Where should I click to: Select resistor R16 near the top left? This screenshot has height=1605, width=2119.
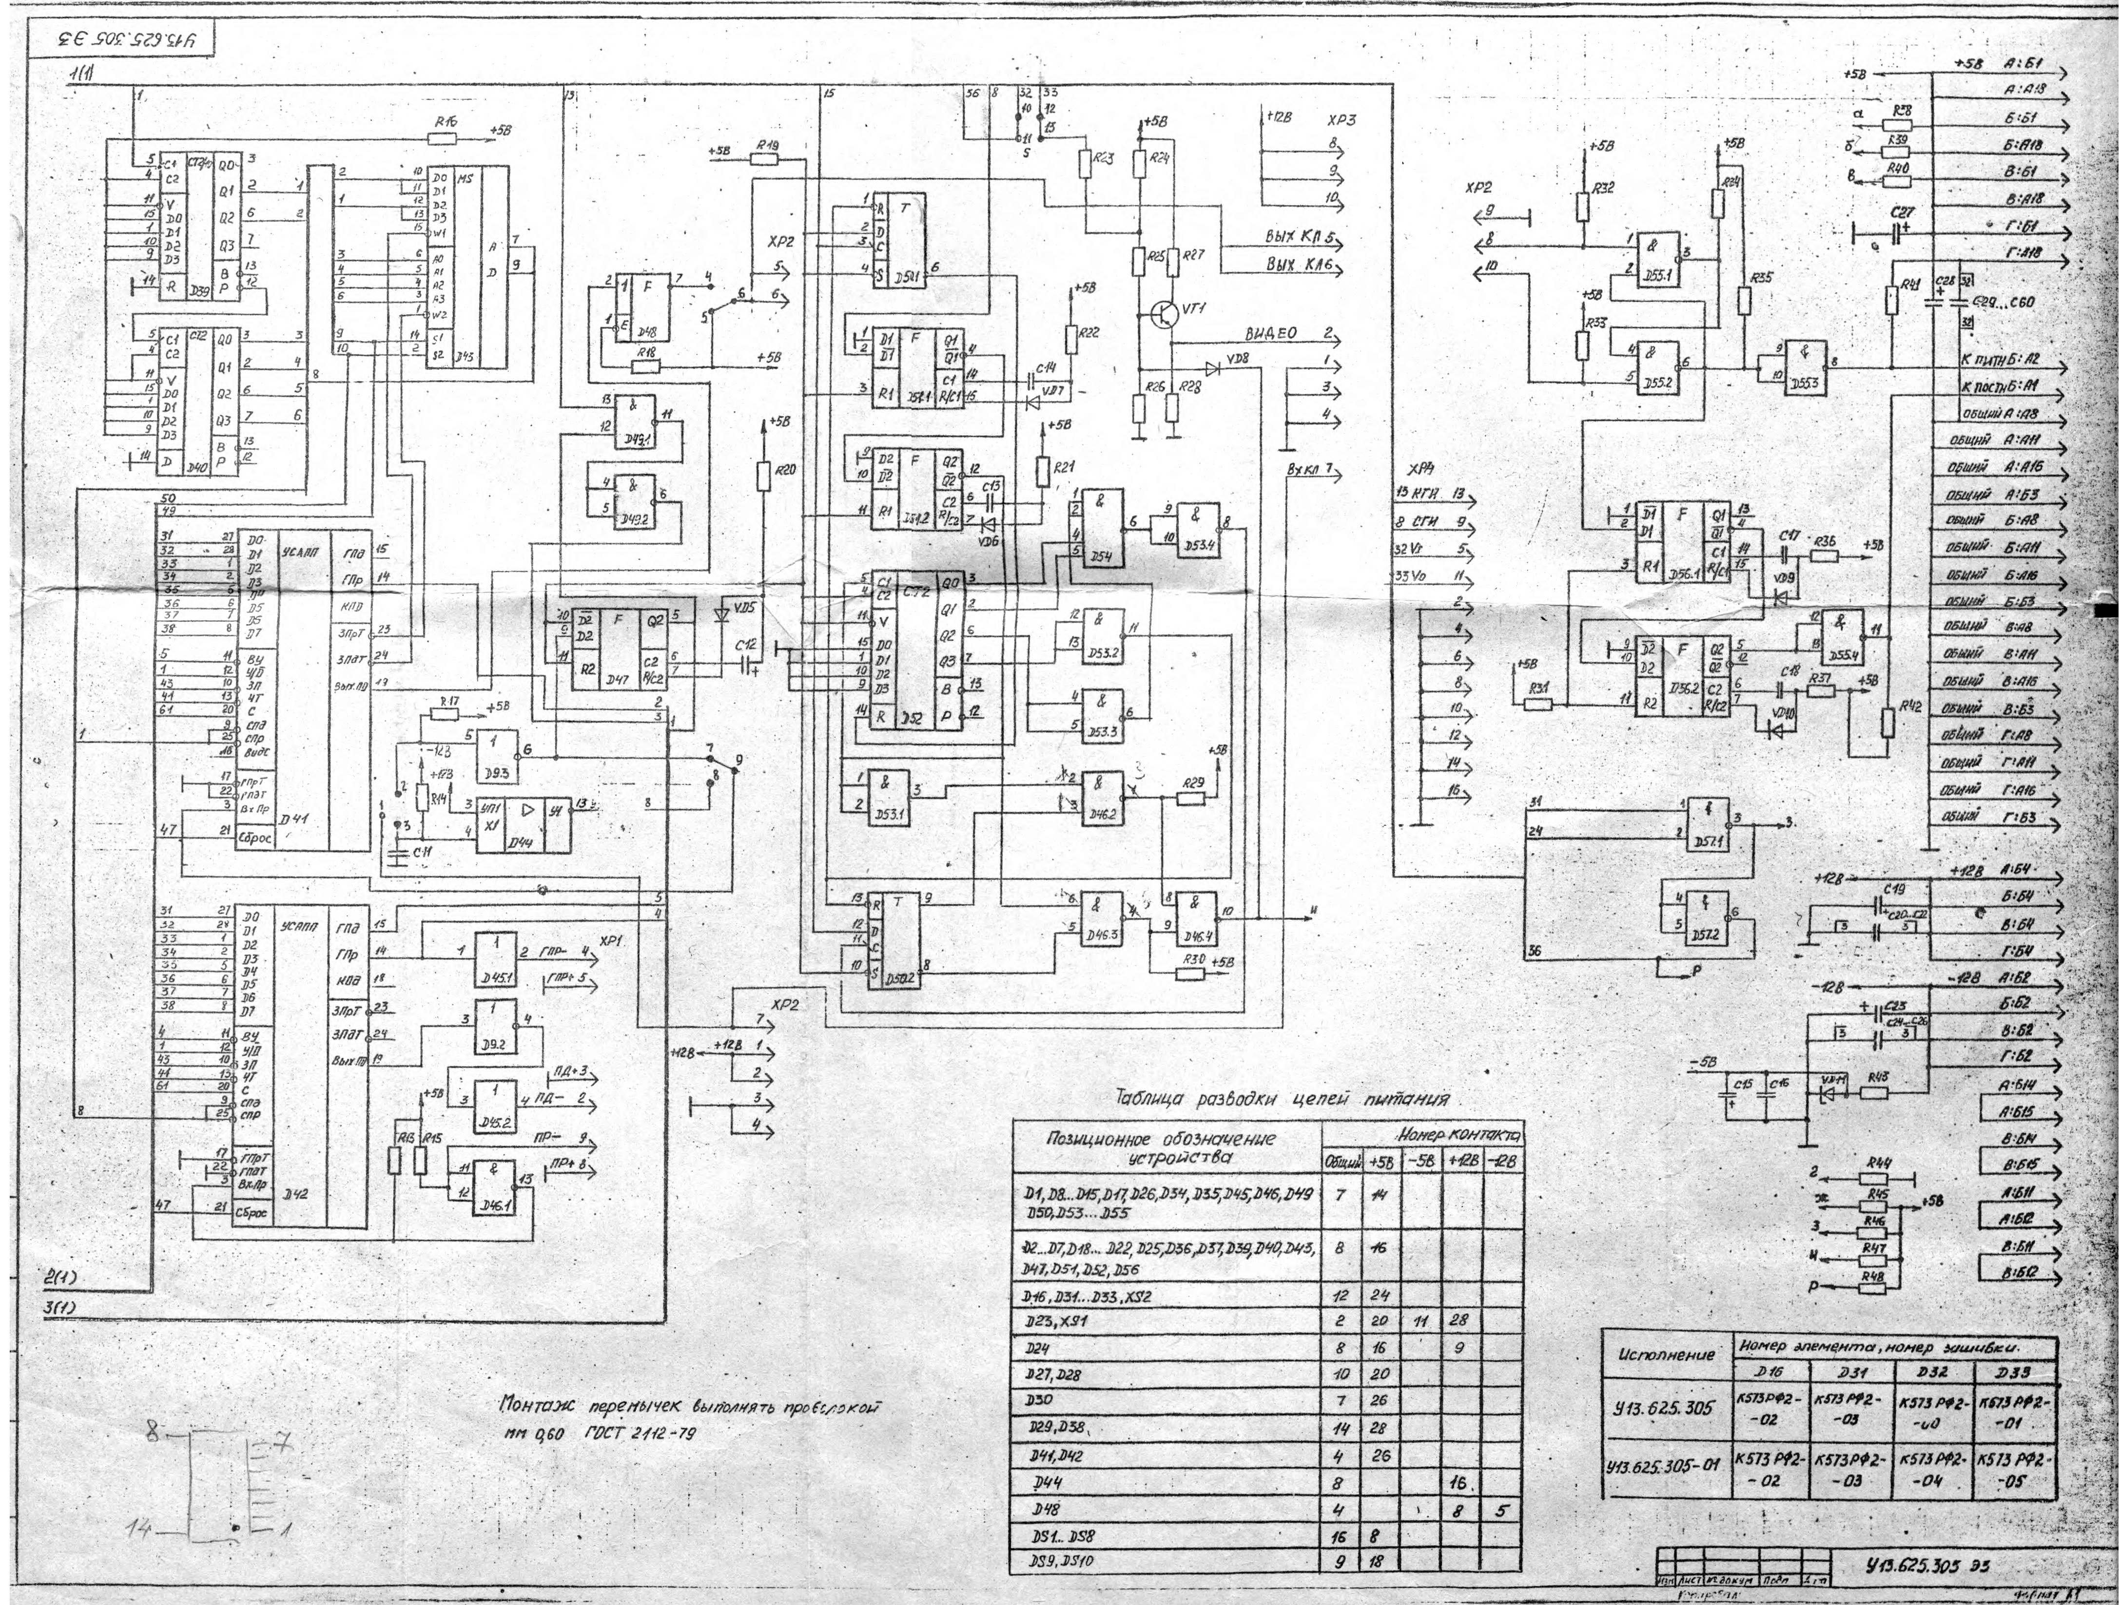[x=442, y=138]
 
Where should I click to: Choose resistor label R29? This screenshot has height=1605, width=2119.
[x=1192, y=783]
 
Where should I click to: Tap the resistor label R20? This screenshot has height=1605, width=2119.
[x=785, y=470]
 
